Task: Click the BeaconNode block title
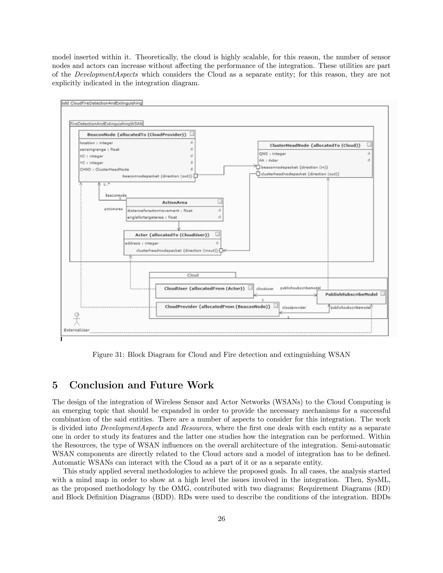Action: coord(136,134)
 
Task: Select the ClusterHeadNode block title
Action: coord(315,145)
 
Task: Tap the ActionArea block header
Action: coord(175,202)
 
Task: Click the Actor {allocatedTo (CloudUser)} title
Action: coord(172,235)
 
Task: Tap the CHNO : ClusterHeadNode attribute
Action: coord(104,170)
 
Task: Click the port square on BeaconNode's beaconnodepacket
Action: coord(195,176)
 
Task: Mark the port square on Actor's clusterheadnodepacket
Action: coord(221,250)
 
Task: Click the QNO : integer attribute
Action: coord(272,154)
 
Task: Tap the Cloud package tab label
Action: coord(193,275)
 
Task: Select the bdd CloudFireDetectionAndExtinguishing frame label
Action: coord(102,103)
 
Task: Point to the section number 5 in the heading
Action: coord(55,385)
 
